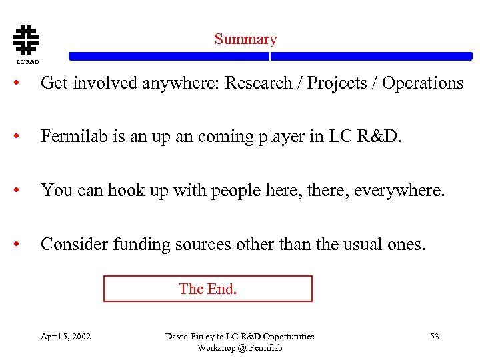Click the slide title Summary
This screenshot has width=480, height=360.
[245, 39]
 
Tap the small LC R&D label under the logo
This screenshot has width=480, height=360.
[27, 62]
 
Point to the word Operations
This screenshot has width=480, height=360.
[423, 83]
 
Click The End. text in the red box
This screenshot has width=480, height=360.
[207, 289]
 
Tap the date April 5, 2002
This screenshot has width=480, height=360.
[65, 337]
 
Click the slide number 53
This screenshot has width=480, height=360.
[434, 337]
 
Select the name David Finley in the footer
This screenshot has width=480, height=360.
[189, 337]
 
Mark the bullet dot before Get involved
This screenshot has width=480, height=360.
[23, 84]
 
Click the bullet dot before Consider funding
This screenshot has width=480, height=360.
[23, 245]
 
